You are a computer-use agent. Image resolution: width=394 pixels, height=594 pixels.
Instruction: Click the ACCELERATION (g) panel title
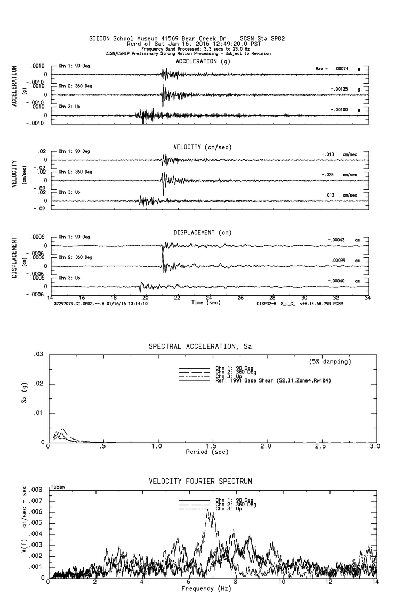203,61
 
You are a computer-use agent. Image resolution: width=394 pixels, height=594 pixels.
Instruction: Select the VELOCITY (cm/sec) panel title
202,147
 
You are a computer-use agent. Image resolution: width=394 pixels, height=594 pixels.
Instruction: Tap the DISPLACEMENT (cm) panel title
202,233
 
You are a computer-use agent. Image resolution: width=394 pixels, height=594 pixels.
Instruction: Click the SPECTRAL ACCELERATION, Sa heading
200,346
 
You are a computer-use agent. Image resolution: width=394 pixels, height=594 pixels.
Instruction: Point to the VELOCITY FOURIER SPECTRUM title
200,482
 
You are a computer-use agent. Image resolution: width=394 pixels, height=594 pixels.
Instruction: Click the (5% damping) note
330,362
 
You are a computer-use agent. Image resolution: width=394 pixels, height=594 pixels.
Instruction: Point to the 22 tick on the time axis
177,298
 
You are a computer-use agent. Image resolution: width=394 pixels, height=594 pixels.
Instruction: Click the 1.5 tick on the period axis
211,446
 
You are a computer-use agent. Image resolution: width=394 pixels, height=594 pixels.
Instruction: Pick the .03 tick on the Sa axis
38,355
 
